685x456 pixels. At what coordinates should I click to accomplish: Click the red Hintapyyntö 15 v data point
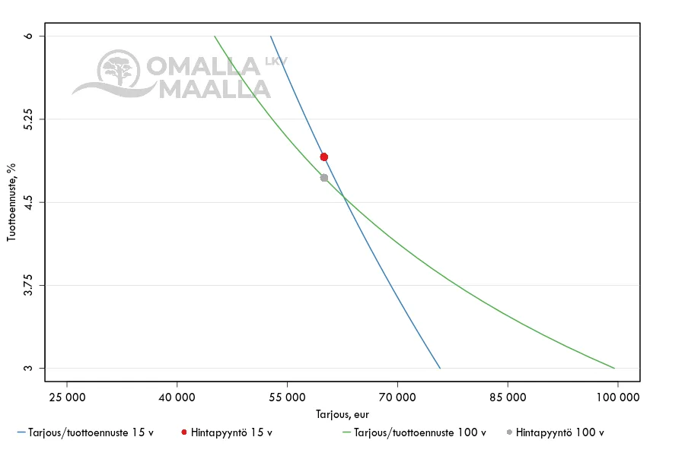323,157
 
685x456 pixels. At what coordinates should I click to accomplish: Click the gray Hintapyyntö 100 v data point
323,178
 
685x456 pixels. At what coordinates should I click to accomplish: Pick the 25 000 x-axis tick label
67,397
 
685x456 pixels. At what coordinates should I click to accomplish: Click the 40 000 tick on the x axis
177,397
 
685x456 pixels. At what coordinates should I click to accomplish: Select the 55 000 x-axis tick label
288,397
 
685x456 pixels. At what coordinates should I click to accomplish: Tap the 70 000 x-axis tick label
397,397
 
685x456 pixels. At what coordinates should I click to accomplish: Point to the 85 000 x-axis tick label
508,397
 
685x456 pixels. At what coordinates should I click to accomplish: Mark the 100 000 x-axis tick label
617,397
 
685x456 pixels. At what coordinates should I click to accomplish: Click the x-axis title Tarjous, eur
342,414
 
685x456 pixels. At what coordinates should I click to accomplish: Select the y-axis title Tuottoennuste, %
11,201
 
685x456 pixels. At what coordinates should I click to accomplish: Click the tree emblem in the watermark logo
119,71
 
